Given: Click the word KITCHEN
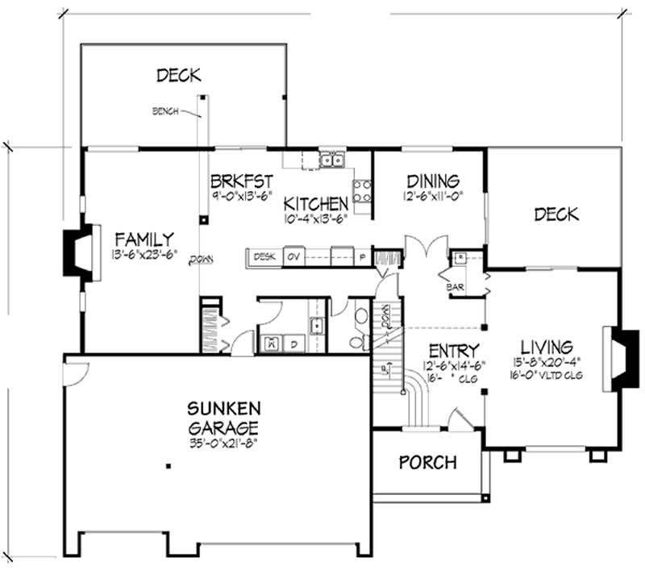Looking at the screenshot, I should pyautogui.click(x=316, y=203).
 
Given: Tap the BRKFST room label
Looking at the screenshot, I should pyautogui.click(x=240, y=180).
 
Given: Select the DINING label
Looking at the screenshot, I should pyautogui.click(x=433, y=181).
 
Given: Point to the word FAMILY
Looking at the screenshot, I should pyautogui.click(x=144, y=239).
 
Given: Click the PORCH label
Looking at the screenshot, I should pyautogui.click(x=428, y=462).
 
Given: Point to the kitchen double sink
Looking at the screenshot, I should pyautogui.click(x=331, y=160).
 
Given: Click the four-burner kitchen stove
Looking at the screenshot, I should pyautogui.click(x=362, y=190).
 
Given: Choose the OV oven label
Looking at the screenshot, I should pyautogui.click(x=294, y=256).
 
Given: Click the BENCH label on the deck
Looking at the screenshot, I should pyautogui.click(x=165, y=111).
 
